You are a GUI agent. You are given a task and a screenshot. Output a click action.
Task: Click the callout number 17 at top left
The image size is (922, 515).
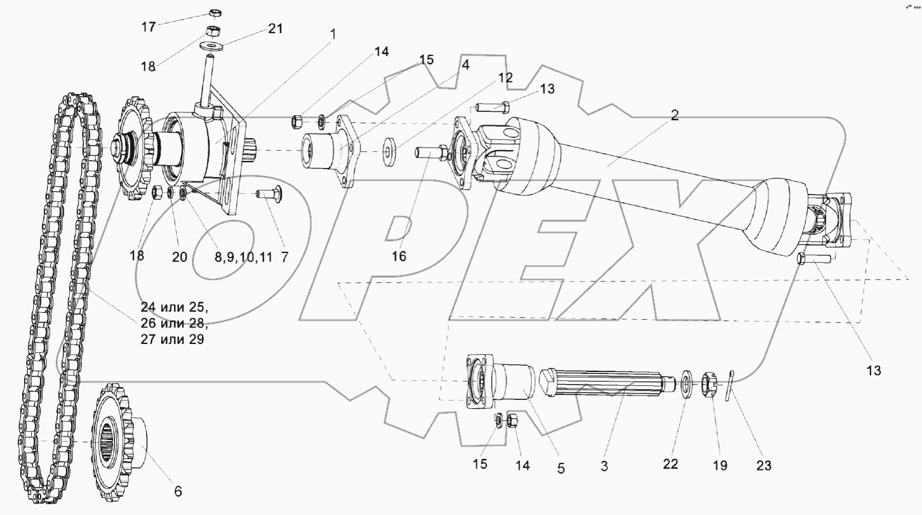coord(148,27)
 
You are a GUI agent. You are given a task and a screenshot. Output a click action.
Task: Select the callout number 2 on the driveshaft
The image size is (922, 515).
coord(674,115)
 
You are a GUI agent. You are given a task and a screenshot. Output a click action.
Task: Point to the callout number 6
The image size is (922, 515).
coord(178,491)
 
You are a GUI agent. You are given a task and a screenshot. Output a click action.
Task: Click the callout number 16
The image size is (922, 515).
coord(399,256)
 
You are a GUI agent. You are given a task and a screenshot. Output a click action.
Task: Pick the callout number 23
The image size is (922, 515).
coord(763,465)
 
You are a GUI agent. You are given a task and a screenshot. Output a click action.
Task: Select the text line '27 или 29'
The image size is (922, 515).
coord(172,340)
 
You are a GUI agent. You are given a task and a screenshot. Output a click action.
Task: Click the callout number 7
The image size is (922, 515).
coord(284,257)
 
